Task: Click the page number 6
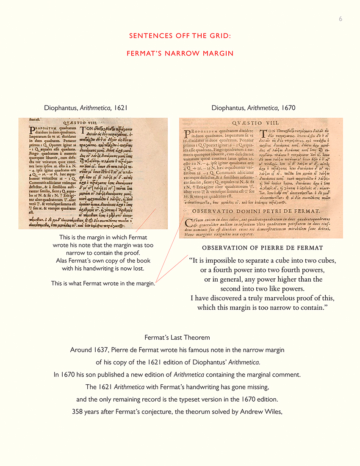pyautogui.click(x=341, y=19)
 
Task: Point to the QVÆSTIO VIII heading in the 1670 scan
pyautogui.click(x=260, y=122)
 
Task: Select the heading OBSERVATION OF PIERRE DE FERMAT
pyautogui.click(x=263, y=247)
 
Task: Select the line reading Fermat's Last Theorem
pyautogui.click(x=177, y=338)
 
